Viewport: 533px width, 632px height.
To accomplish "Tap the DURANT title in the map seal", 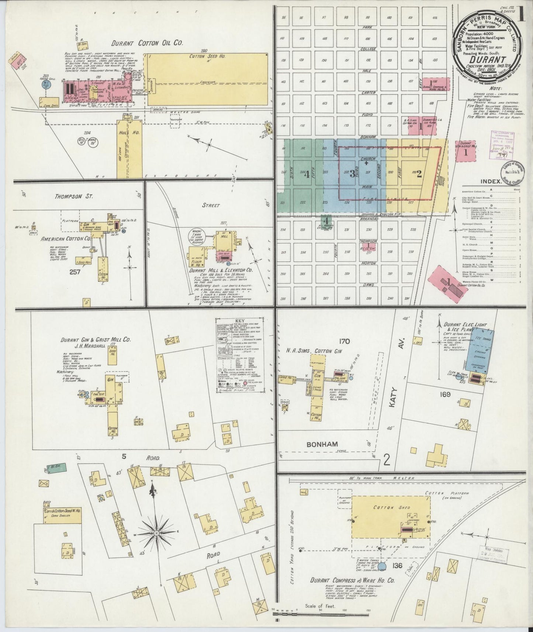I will pos(485,59).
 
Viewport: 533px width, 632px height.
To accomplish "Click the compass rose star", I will pos(156,533).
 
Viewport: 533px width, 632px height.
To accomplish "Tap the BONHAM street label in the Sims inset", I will pos(322,444).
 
